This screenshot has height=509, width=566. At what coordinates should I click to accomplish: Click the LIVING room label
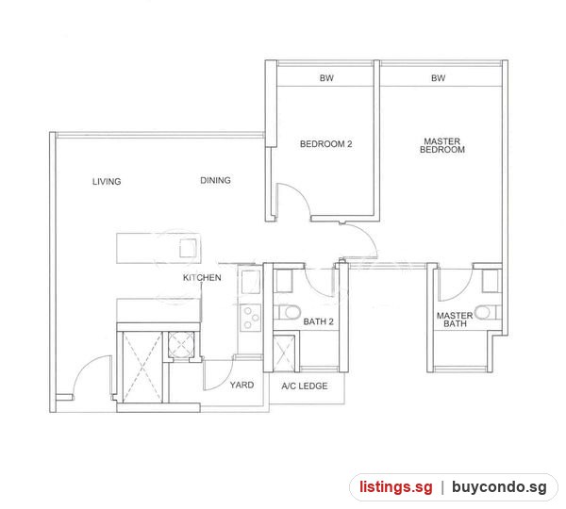[x=107, y=182]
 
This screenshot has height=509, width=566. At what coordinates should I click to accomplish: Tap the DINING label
[x=215, y=180]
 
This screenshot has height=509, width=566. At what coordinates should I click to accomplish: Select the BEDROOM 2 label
[x=326, y=144]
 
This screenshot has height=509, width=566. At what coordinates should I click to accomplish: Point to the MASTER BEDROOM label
[x=442, y=145]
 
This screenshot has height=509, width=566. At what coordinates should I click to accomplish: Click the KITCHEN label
[x=202, y=278]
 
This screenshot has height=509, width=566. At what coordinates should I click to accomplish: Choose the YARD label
[x=241, y=385]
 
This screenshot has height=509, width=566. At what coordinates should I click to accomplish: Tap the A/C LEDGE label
[x=305, y=386]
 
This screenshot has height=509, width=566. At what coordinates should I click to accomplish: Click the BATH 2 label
[x=319, y=321]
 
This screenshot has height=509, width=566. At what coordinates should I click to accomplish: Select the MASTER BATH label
[x=455, y=320]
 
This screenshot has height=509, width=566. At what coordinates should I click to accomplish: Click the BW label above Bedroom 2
[x=326, y=78]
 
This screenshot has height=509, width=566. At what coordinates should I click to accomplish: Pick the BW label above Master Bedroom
[x=439, y=78]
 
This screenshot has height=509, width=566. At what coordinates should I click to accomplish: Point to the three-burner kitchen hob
[x=251, y=318]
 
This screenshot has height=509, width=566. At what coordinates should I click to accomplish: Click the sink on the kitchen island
[x=188, y=248]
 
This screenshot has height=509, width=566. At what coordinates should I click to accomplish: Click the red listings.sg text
[x=396, y=487]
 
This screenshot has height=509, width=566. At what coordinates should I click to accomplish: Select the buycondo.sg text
[x=499, y=487]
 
